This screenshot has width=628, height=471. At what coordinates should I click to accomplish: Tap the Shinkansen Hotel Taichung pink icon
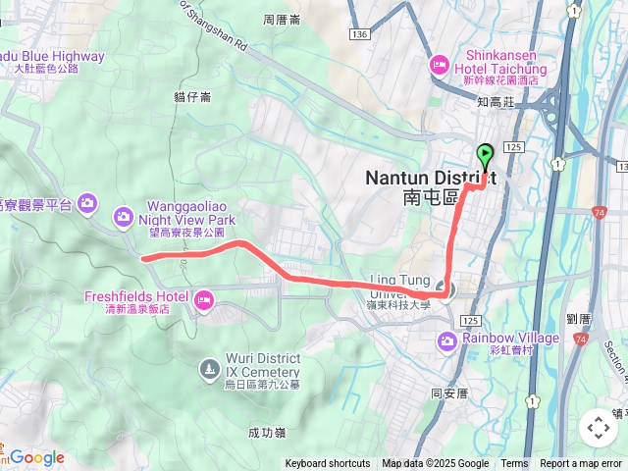click(x=439, y=65)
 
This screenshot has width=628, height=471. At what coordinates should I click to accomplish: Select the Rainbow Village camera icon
click(x=447, y=340)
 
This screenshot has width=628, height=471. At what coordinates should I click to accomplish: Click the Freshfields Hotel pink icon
click(x=205, y=299)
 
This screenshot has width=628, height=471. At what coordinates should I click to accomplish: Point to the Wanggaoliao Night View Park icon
click(x=123, y=215)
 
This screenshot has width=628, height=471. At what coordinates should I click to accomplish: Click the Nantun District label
click(x=430, y=179)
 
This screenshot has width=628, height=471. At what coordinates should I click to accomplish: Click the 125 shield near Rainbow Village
click(x=469, y=321)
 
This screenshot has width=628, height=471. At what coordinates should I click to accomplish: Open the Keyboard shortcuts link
click(x=328, y=464)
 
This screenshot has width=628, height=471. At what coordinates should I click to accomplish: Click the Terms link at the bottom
click(x=514, y=464)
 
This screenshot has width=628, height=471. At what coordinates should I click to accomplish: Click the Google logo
click(x=37, y=457)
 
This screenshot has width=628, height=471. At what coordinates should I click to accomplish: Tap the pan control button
click(x=598, y=428)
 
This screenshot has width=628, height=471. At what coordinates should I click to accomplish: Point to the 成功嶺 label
click(x=267, y=431)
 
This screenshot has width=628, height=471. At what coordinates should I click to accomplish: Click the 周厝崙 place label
click(x=283, y=20)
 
